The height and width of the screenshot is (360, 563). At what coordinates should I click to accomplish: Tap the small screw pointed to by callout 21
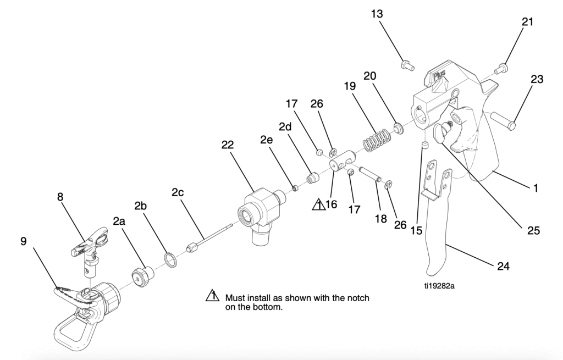501,69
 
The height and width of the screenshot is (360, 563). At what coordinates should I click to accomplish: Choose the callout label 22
228,145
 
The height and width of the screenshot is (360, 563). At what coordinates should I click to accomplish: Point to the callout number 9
24,241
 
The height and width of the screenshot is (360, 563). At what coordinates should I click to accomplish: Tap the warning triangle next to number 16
318,205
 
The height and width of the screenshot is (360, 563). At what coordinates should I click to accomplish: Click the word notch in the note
348,298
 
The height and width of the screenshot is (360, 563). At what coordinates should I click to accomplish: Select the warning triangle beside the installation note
212,296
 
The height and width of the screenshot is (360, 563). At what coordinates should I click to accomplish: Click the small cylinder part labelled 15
424,145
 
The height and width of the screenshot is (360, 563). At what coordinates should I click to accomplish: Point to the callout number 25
533,230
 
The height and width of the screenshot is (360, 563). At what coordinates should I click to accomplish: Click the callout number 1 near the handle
535,187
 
